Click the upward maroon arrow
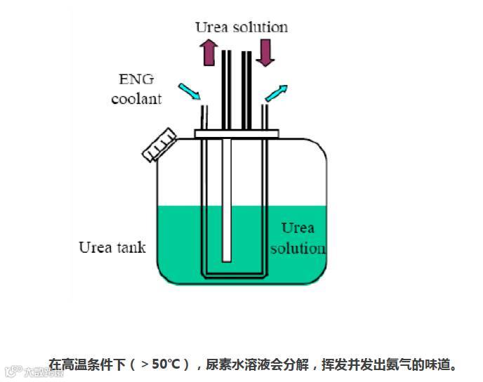tap(208, 53)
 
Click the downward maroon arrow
tap(265, 53)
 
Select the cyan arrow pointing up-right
tap(277, 93)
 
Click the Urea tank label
tap(112, 247)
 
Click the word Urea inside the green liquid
tap(298, 228)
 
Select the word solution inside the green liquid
tap(298, 248)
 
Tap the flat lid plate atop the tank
tap(237, 133)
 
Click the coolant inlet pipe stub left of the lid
tap(204, 116)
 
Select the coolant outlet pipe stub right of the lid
tap(265, 116)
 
